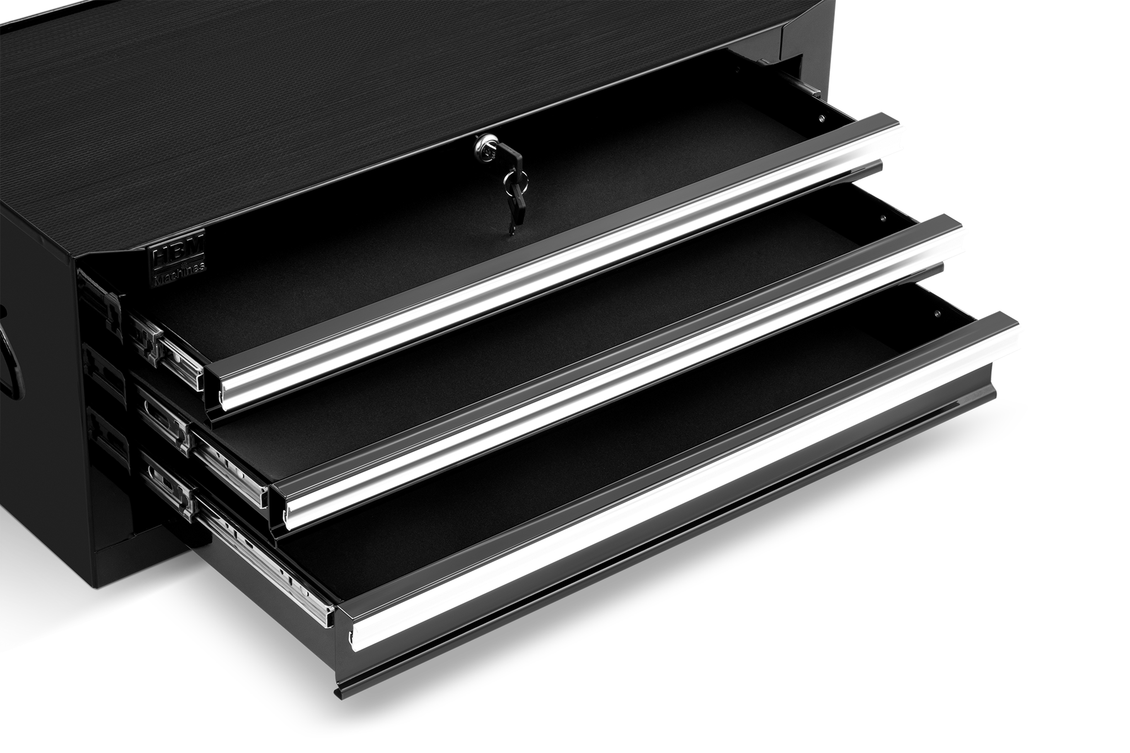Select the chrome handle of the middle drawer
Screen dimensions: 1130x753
click(619, 370)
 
